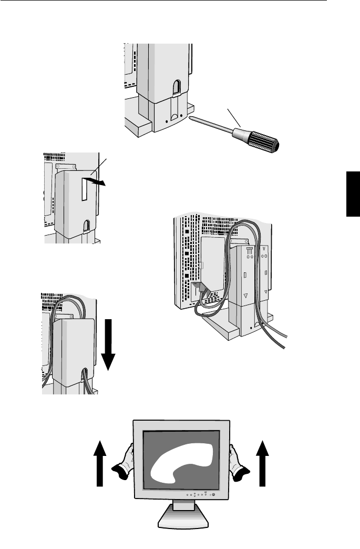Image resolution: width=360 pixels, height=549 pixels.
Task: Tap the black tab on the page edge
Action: tap(353, 193)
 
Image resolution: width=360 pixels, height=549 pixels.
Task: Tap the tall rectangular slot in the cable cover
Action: tap(84, 188)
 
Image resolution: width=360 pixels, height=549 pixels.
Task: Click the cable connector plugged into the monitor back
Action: tap(200, 287)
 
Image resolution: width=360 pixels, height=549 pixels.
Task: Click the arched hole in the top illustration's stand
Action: tap(177, 85)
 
